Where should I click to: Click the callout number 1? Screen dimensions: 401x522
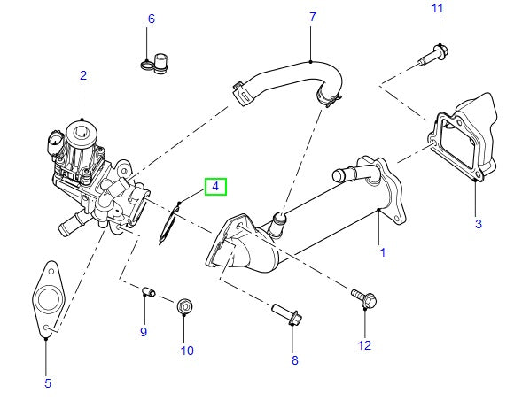pyautogui.click(x=382, y=252)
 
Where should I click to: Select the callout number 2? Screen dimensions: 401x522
pyautogui.click(x=82, y=76)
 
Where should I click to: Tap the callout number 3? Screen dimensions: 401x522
pyautogui.click(x=478, y=224)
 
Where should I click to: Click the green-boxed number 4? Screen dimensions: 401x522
pyautogui.click(x=215, y=187)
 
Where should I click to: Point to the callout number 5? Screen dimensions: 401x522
pyautogui.click(x=48, y=383)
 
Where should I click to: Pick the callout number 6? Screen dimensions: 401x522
pyautogui.click(x=151, y=19)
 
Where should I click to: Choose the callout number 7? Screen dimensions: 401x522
pyautogui.click(x=312, y=17)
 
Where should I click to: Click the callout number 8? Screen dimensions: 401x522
pyautogui.click(x=295, y=360)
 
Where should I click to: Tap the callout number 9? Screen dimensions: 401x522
pyautogui.click(x=143, y=331)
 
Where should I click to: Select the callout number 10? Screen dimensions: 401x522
pyautogui.click(x=187, y=350)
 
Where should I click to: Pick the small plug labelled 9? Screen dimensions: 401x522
pyautogui.click(x=148, y=290)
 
